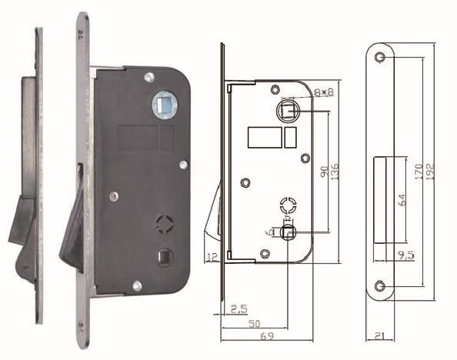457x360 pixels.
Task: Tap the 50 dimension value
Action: tap(252, 324)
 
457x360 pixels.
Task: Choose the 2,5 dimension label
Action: tap(238, 310)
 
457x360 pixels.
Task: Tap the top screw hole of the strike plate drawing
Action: tap(379, 58)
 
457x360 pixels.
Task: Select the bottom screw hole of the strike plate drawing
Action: tap(379, 286)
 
